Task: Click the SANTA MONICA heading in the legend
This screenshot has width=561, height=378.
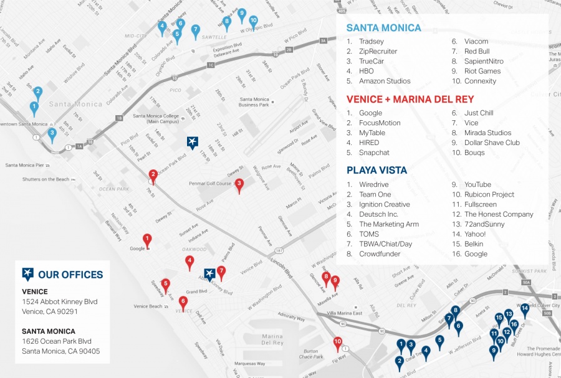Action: coord(383,28)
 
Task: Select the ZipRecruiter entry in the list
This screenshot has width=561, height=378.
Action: coord(378,52)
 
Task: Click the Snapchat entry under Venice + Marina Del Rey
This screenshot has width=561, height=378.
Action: coord(374,153)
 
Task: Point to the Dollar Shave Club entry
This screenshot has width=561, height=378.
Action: coord(492,143)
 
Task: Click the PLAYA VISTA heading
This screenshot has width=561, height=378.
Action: coord(376,170)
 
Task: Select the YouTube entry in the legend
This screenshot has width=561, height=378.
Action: coord(477,185)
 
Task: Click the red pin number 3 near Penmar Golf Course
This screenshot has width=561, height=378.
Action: coord(239,185)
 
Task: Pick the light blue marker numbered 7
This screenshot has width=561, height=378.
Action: coord(195,31)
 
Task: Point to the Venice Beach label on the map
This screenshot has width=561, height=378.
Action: coord(148,306)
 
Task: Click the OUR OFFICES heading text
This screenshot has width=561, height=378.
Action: coord(70,275)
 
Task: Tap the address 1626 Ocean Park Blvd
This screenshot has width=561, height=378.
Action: coord(57,341)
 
